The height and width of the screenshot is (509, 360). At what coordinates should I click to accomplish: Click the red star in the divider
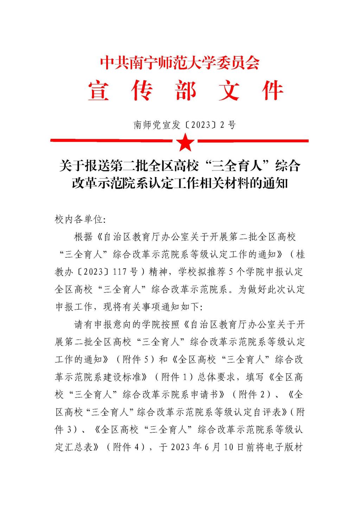(x=185, y=142)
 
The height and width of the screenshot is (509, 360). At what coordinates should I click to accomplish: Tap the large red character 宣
(x=99, y=90)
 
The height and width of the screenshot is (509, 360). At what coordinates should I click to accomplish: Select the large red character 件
(x=272, y=90)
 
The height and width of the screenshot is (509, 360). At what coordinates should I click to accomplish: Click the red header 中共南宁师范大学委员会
(x=180, y=63)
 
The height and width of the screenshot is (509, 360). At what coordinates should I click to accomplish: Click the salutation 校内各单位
(x=78, y=220)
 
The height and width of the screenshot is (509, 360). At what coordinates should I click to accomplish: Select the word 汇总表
(x=79, y=447)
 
